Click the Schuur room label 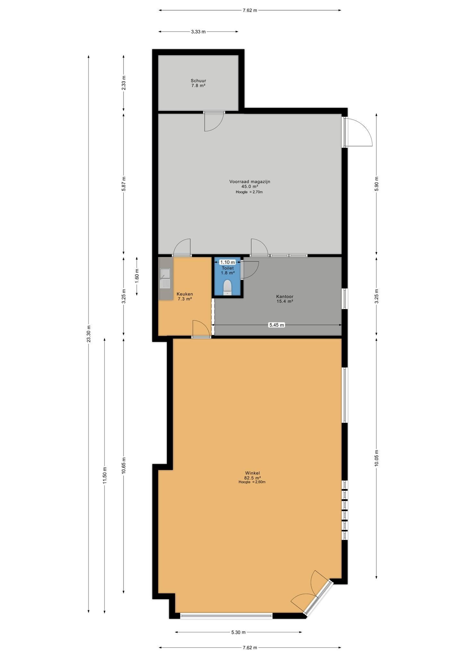(x=198, y=81)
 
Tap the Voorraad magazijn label (x=250, y=182)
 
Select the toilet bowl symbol (x=227, y=287)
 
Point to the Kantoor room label (x=285, y=297)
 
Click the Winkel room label (x=252, y=473)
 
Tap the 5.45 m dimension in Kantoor (x=276, y=325)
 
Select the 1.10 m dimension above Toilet (x=227, y=262)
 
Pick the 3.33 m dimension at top (x=198, y=31)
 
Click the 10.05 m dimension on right (x=376, y=459)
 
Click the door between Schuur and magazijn (x=214, y=121)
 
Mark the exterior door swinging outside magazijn (x=358, y=132)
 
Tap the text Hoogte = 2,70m (x=249, y=192)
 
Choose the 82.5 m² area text (x=252, y=477)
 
